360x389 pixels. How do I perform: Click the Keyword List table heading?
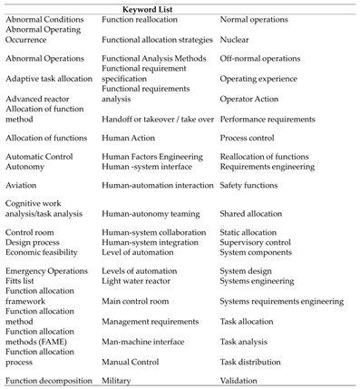tap(180, 7)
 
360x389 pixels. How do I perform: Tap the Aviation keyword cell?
tap(23, 185)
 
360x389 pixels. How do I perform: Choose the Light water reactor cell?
tap(138, 284)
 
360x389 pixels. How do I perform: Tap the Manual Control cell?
tap(133, 361)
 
